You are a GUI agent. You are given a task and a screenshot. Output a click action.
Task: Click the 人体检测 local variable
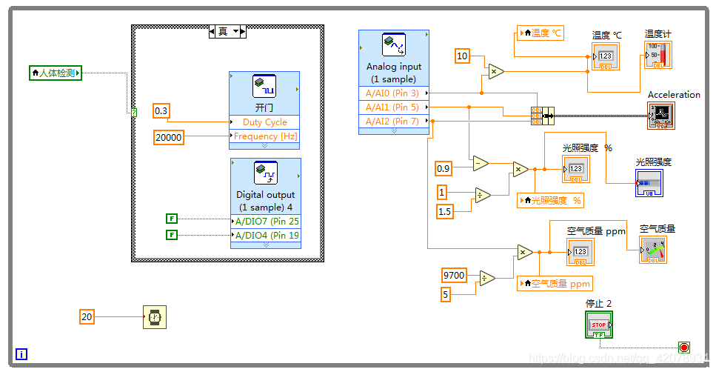coord(56,73)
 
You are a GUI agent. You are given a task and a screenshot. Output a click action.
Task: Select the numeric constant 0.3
coord(161,111)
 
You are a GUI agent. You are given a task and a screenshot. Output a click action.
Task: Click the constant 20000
coord(169,136)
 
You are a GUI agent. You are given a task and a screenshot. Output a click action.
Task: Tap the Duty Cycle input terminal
coord(264,122)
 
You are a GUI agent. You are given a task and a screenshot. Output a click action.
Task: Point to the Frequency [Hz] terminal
coord(265,136)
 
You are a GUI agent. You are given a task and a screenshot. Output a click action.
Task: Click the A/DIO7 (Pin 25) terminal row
coord(266,222)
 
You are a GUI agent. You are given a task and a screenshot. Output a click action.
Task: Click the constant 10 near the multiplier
coord(462,56)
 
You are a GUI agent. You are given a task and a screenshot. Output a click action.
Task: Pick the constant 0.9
coord(443,168)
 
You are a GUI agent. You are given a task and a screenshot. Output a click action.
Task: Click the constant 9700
coord(454,276)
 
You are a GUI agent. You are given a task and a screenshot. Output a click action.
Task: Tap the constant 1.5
coord(444,212)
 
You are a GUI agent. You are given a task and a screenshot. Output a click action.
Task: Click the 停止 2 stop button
coord(598,325)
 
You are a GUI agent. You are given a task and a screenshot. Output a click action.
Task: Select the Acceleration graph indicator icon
coord(660,115)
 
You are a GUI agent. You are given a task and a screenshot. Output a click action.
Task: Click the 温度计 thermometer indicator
coord(658,56)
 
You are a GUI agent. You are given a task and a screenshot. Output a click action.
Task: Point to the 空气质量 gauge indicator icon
coord(652,250)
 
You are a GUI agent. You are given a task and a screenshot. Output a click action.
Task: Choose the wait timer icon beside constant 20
coord(155,317)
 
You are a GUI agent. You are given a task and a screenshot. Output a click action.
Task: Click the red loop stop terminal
coord(683,347)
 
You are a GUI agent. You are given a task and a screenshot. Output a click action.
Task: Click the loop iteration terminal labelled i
coord(21,354)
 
